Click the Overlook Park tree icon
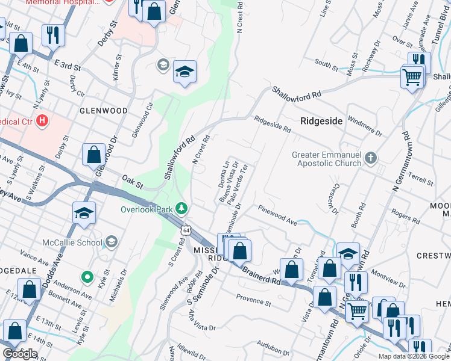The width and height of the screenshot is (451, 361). (x=181, y=209)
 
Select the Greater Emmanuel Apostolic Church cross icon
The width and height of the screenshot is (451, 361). (x=370, y=158)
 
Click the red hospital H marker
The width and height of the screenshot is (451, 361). (x=42, y=120)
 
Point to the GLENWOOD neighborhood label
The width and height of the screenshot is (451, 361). (x=103, y=111)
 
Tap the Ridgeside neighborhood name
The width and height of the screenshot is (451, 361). (x=321, y=121)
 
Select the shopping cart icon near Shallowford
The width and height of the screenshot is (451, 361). (x=412, y=76)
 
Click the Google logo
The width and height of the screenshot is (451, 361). (x=20, y=354)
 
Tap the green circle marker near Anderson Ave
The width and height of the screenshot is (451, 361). (x=87, y=277)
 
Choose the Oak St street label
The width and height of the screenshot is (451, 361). (x=131, y=179)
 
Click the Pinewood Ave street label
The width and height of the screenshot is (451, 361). (x=277, y=215)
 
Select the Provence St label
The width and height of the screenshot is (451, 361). (x=254, y=298)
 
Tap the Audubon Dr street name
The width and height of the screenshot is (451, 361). (x=269, y=347)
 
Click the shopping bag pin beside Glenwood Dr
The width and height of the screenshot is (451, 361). (x=95, y=155)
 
